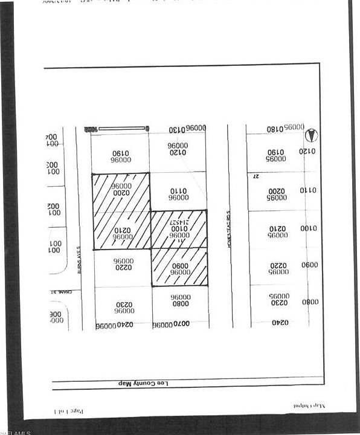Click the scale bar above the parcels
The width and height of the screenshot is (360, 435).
pyautogui.click(x=123, y=129)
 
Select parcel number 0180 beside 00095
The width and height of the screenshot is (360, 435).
pyautogui.click(x=275, y=129)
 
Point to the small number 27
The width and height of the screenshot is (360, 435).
pyautogui.click(x=256, y=176)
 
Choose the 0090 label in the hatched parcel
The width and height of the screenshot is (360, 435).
pyautogui.click(x=180, y=265)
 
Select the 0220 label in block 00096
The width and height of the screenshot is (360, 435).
pyautogui.click(x=122, y=267)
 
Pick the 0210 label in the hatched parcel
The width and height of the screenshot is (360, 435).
pyautogui.click(x=121, y=230)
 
